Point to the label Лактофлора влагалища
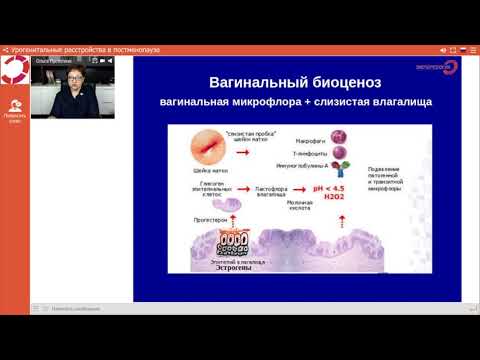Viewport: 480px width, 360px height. click(275, 187)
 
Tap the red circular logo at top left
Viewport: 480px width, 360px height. click(16, 71)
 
